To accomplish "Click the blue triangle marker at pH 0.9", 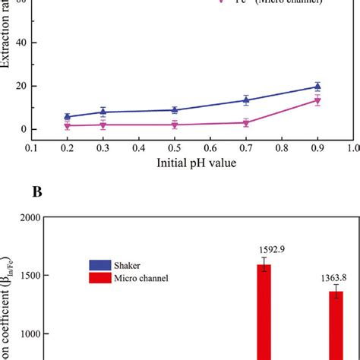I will coord(317,87).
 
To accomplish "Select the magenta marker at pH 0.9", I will coord(317,100).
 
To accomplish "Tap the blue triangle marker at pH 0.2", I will coord(67,117).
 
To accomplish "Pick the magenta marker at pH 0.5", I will coord(175,125).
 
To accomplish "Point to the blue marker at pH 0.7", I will coord(246,99).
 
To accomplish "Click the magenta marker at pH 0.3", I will coord(103,125).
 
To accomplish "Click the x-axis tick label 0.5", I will coord(175,148).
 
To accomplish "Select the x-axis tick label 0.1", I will coord(31,148).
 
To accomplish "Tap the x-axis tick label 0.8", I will coord(282,148).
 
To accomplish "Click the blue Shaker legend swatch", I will coord(99,265).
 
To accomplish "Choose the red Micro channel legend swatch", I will coord(99,278).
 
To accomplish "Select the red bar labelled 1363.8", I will coord(335,327).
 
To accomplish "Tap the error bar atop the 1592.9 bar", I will coord(264,264).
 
